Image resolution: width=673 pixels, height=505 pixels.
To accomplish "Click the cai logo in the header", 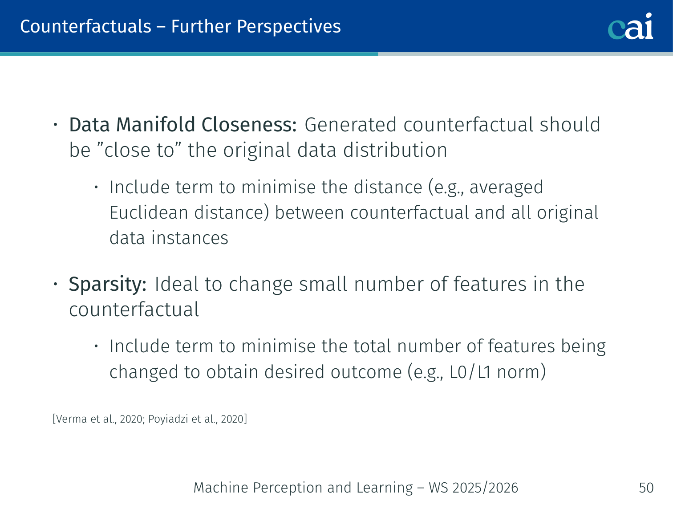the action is pos(630,26).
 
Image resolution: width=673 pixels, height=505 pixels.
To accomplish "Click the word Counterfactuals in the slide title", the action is pos(86,26).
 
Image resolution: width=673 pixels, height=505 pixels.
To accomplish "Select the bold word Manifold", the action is pos(155,125).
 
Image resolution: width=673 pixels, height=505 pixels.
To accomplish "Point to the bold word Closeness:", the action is pos(249,125).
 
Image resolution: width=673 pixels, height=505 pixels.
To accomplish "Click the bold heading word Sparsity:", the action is pos(108,285).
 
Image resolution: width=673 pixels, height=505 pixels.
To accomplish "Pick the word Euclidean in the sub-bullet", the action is pos(149,212).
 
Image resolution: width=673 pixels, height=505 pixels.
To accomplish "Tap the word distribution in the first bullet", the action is pos(395,150).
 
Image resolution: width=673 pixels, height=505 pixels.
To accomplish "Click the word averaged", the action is pos(506,187).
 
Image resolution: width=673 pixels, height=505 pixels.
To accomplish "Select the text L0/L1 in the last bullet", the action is pos(470,372).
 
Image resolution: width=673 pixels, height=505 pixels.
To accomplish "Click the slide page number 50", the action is pos(646,488).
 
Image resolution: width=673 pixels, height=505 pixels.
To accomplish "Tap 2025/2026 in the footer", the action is pos(485,488).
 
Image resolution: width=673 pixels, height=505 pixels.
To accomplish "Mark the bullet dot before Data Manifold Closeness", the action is pos(55,125).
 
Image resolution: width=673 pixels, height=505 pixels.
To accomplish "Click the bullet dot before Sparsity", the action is pos(55,284).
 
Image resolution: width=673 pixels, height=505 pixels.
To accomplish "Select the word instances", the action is pos(190,238).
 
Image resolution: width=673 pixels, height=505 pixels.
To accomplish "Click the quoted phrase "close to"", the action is pos(139,150).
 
